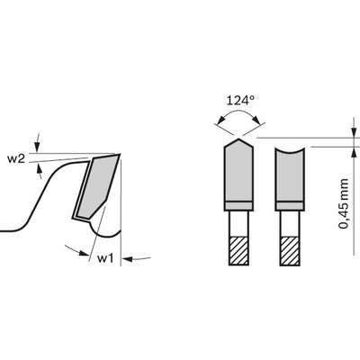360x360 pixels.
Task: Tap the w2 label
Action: tap(16, 158)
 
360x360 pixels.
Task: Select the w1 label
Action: tap(105, 258)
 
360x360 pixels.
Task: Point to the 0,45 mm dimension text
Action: tap(344, 204)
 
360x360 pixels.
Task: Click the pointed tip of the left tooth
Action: tap(238, 139)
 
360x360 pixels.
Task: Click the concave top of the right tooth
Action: tap(290, 151)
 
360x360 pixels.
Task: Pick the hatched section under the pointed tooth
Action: tap(238, 251)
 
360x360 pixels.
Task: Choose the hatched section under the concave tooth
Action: tap(290, 251)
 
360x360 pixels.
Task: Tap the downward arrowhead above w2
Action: tap(37, 147)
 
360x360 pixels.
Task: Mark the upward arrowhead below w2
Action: tap(39, 170)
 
